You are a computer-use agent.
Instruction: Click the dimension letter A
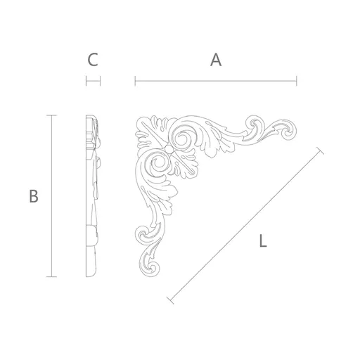click(x=216, y=60)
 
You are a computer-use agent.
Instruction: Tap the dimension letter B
click(x=34, y=196)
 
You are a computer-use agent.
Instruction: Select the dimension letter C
click(x=93, y=60)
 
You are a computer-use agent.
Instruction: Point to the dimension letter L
click(x=263, y=240)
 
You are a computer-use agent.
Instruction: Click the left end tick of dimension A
click(x=135, y=81)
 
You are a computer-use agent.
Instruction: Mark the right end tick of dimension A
click(x=297, y=81)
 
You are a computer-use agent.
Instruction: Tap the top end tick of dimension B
click(x=51, y=115)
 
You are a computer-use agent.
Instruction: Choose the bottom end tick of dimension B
click(x=51, y=277)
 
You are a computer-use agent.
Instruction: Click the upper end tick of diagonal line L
click(x=320, y=150)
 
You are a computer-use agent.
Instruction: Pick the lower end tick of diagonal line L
click(x=170, y=300)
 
